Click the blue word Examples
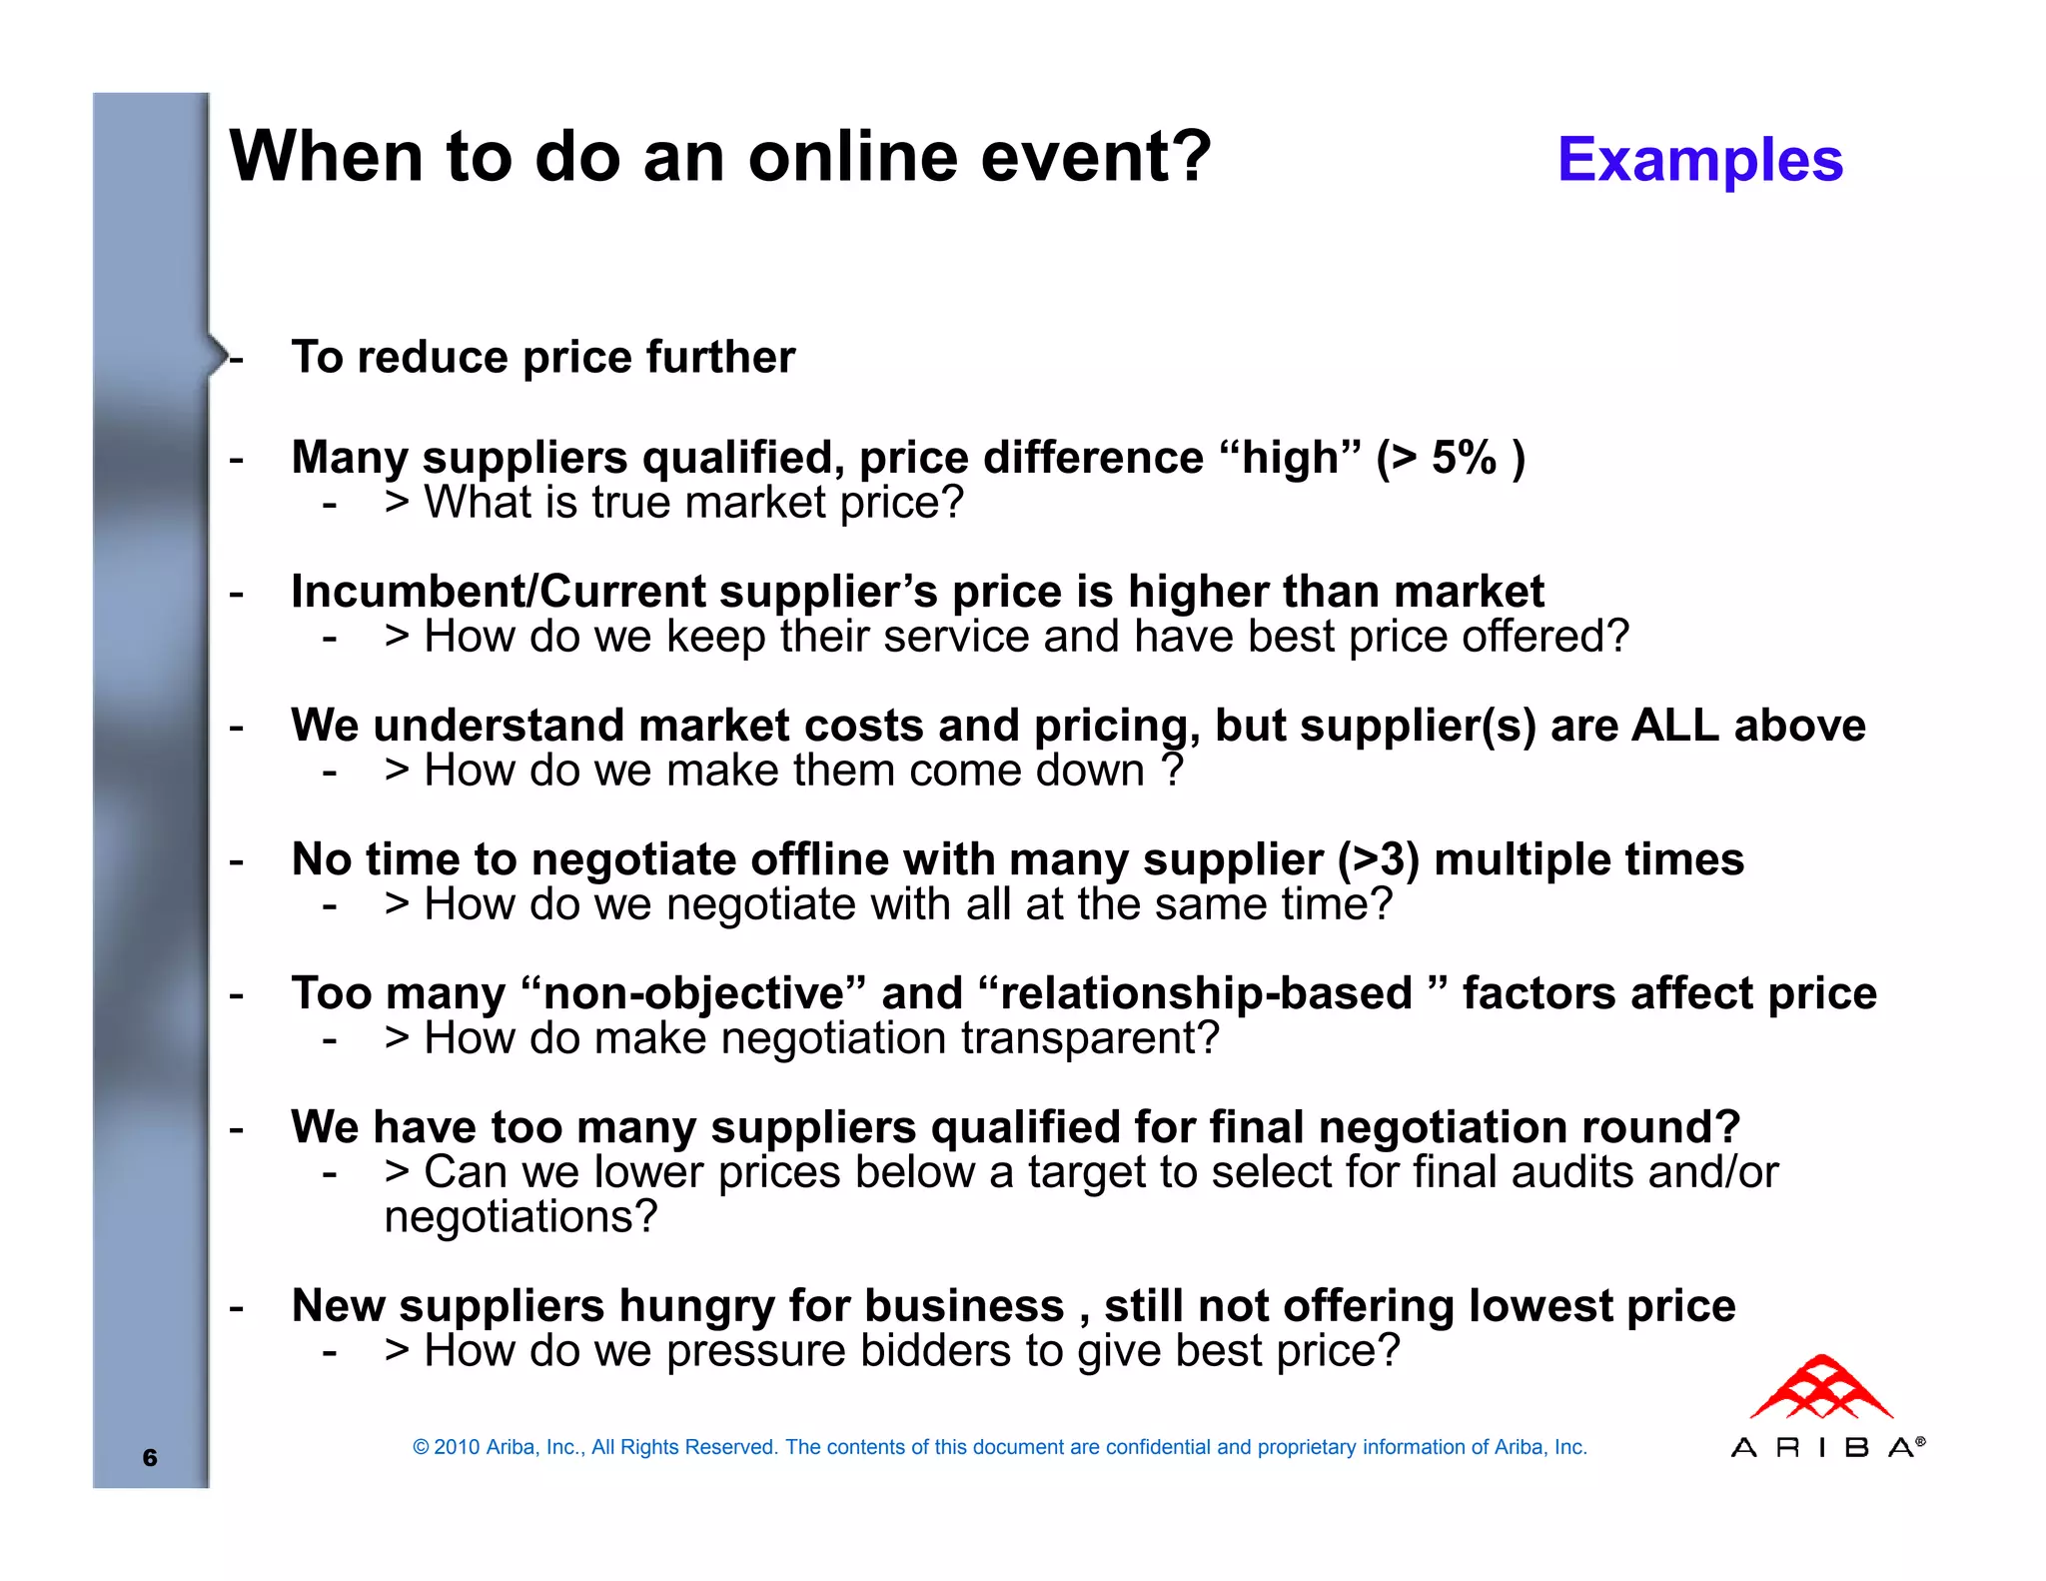(x=1699, y=160)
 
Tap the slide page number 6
(x=150, y=1457)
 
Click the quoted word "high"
(x=1290, y=458)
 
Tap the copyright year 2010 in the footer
(x=457, y=1447)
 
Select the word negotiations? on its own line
(x=520, y=1217)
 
